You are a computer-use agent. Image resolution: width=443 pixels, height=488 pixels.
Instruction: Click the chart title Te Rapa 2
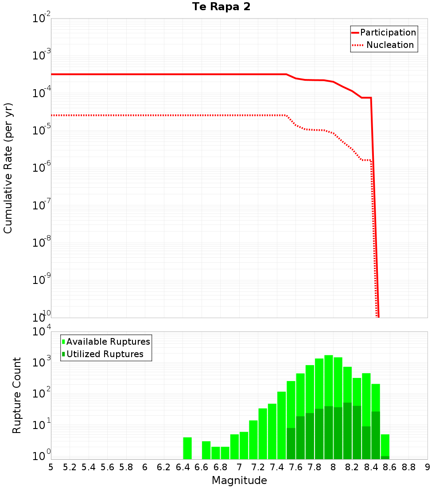tap(221, 7)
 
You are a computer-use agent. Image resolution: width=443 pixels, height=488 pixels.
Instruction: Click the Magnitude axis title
tap(239, 480)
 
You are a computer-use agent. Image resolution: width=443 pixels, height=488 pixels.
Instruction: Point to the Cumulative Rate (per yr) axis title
tap(8, 168)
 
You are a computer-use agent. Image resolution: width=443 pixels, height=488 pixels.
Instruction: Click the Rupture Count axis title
tap(17, 395)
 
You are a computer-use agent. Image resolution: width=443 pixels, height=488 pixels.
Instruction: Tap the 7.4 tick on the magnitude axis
tap(277, 467)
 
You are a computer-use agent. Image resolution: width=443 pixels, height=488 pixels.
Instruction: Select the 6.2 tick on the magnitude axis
tap(164, 467)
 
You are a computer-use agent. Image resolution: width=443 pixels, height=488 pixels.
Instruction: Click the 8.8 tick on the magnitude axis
tap(409, 467)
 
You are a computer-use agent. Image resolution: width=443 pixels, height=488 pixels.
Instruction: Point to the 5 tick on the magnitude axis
tap(51, 467)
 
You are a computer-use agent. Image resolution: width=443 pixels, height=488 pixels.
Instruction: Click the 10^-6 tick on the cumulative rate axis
tap(42, 168)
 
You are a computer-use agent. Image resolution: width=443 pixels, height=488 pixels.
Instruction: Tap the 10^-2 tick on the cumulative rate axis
tap(42, 19)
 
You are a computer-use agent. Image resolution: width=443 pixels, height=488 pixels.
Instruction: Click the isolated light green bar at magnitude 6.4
tap(187, 448)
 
